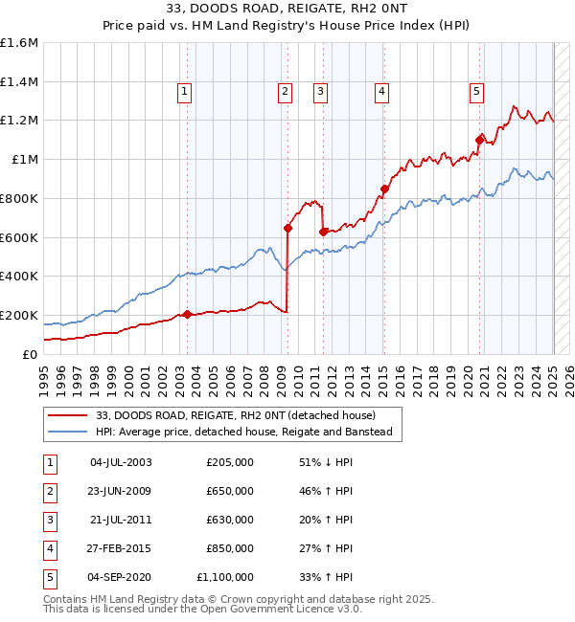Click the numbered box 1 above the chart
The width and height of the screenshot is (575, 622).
(x=184, y=92)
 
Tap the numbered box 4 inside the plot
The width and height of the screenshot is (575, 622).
(x=381, y=92)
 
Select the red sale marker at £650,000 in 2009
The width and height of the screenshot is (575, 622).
(x=287, y=228)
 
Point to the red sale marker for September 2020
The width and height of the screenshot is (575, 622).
(x=479, y=140)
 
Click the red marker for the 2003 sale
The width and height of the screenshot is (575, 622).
(x=187, y=314)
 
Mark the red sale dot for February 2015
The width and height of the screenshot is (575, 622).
(x=384, y=189)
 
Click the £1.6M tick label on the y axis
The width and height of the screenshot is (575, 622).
(x=19, y=43)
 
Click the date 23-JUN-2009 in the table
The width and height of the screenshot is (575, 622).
(x=120, y=491)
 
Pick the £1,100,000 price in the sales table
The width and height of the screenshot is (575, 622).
(x=226, y=577)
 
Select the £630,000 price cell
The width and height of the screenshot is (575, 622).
(x=230, y=520)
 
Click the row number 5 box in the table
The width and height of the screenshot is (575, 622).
(x=50, y=577)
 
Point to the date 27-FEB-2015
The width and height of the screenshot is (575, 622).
(x=120, y=548)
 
